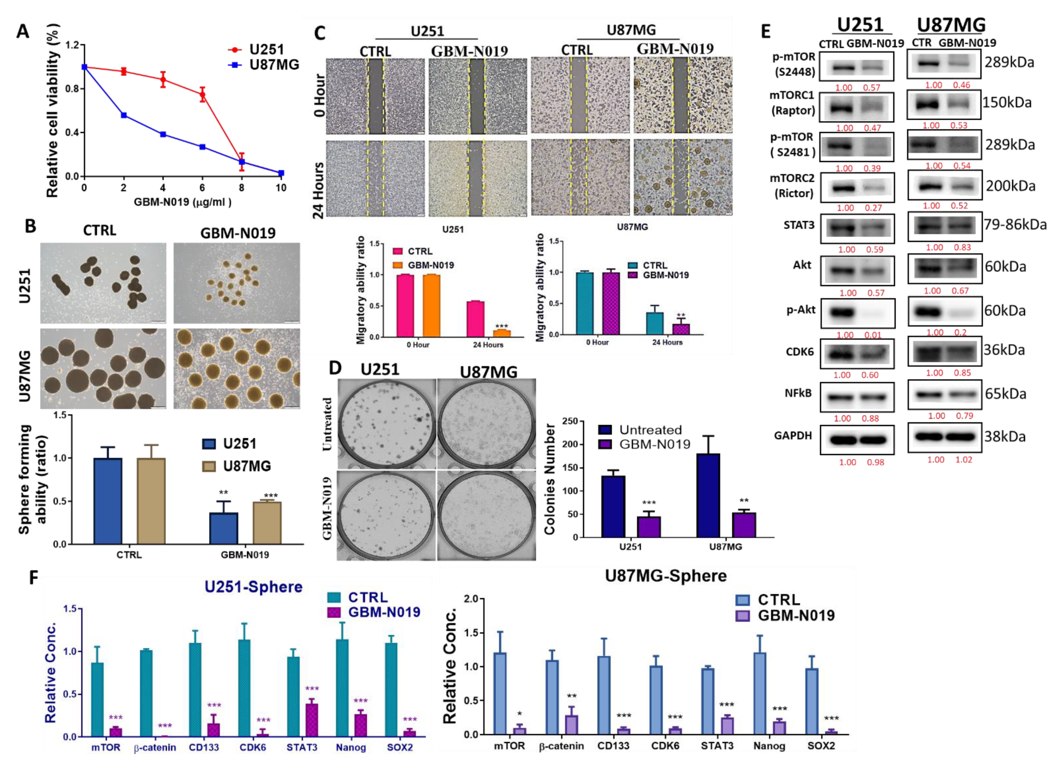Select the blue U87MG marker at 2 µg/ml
(x=123, y=115)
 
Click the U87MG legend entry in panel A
(x=274, y=65)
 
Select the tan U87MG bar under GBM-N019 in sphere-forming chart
(x=267, y=522)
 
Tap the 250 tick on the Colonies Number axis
(x=570, y=421)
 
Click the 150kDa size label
(x=1006, y=102)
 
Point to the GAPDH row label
(x=793, y=436)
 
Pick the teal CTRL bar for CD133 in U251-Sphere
(x=195, y=690)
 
